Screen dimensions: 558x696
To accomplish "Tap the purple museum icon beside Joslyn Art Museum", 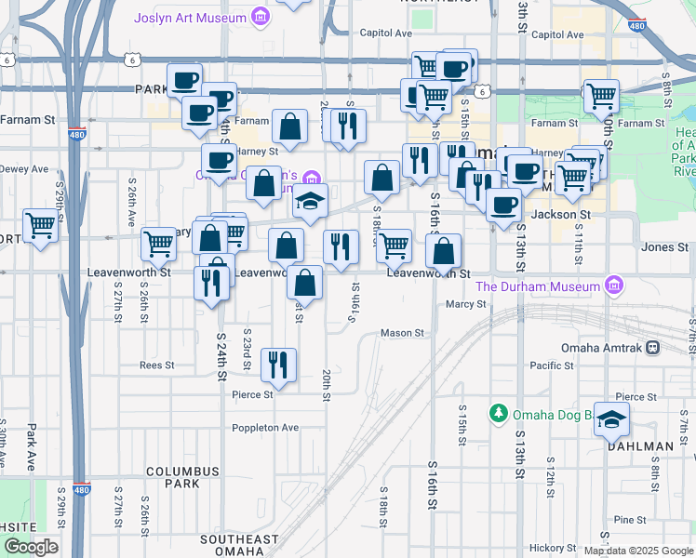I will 262,18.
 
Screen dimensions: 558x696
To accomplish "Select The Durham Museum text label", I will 537,286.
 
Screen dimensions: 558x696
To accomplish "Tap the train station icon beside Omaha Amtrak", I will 653,347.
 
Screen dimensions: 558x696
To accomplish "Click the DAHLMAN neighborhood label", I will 640,446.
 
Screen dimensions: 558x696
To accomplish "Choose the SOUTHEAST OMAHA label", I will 239,546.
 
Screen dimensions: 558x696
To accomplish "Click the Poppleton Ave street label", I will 265,428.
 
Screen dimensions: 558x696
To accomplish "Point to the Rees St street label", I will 156,365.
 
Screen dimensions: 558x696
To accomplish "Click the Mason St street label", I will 402,332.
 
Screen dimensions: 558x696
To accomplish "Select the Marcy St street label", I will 466,304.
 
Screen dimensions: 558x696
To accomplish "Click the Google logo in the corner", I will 32,547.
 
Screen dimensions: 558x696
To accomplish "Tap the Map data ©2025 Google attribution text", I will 637,551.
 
